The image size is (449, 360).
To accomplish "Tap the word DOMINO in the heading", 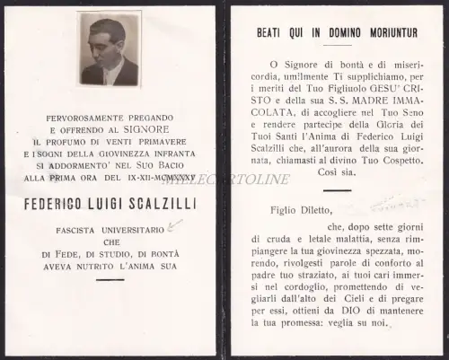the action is pos(326,31).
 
